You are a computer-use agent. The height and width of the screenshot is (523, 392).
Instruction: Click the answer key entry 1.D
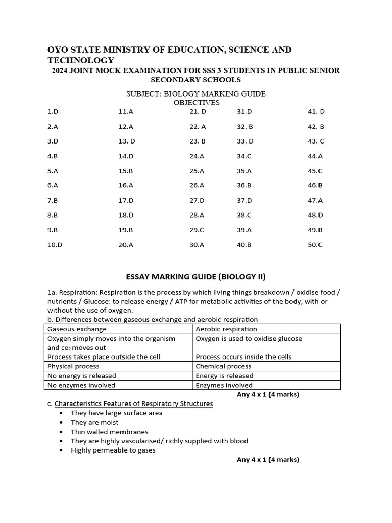tap(53, 111)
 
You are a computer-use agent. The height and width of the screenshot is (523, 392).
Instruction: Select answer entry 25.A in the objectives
tap(197, 171)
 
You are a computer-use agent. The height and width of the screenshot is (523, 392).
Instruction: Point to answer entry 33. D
tap(245, 141)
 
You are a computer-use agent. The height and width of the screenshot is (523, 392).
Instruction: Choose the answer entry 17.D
tap(126, 200)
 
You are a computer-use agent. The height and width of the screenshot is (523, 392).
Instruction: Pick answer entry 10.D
tap(55, 245)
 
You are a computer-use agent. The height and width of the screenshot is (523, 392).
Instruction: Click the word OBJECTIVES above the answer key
tap(197, 102)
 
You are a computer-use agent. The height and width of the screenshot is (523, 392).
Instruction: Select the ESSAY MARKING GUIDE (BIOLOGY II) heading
tap(196, 277)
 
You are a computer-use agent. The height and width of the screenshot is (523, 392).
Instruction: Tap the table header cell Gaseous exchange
tap(77, 329)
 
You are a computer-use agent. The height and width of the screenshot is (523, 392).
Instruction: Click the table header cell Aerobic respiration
tap(226, 329)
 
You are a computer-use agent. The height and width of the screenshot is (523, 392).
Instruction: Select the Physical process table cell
tap(73, 366)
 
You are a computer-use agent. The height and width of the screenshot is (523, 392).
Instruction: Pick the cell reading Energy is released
tap(225, 376)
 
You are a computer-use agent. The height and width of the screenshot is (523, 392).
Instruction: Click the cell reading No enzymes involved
tap(81, 385)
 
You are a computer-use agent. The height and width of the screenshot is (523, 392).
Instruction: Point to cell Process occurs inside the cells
tap(243, 357)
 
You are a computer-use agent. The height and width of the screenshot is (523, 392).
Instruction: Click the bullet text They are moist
tap(94, 422)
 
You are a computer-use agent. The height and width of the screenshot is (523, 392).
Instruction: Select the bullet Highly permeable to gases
tap(113, 450)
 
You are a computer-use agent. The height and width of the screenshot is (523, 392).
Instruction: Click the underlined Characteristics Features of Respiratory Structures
tap(134, 403)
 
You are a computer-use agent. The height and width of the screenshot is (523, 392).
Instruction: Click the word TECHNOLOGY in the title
tap(81, 60)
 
